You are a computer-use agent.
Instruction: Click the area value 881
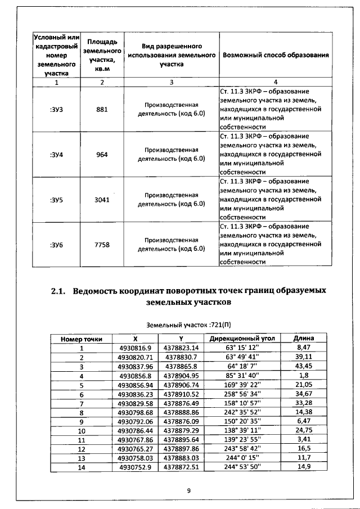click(102, 109)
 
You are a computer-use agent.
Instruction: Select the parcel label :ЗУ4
click(56, 154)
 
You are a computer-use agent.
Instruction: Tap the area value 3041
click(102, 199)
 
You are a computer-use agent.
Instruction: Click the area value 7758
click(102, 244)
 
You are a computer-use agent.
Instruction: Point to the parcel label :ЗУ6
click(56, 244)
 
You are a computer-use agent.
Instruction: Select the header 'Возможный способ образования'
click(276, 56)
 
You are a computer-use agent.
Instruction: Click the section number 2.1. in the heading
click(58, 291)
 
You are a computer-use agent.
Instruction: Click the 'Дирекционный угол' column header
click(242, 339)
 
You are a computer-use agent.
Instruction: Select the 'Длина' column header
click(304, 339)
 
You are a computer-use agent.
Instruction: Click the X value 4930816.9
click(136, 348)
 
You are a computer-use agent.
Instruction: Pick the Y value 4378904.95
click(181, 375)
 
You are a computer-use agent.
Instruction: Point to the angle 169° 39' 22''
click(242, 385)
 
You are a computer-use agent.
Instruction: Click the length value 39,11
click(304, 357)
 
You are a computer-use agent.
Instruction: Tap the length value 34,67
click(304, 394)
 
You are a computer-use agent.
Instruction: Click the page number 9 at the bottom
click(189, 490)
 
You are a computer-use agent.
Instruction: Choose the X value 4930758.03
click(136, 458)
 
